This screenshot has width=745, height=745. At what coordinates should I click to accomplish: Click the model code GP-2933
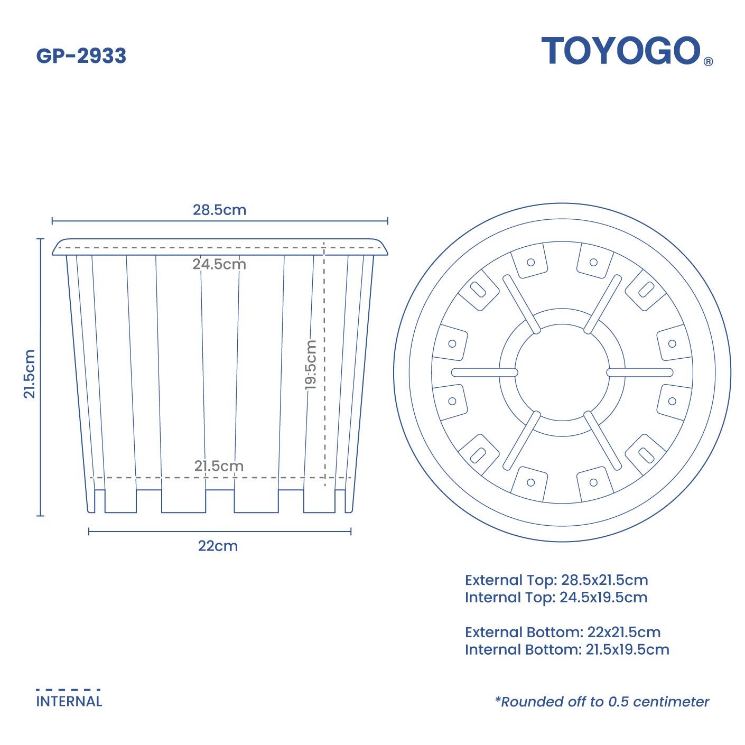pos(81,56)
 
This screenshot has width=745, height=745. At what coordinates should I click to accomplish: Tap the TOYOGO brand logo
pos(620,51)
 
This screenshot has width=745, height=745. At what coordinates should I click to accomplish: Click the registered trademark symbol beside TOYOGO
pos(708,61)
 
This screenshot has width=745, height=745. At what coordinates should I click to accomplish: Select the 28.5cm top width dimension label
pos(219,210)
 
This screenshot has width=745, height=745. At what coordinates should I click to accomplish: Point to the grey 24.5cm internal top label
pos(219,264)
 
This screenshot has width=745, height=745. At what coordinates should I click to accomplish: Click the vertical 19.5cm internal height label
pos(311,365)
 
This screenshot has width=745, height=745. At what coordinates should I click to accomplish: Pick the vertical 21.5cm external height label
pos(29,374)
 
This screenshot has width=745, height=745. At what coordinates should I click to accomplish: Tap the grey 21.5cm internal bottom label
pos(219,466)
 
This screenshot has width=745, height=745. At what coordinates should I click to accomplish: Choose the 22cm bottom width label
pos(218,546)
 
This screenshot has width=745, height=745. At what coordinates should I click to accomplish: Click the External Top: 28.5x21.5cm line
pos(556,580)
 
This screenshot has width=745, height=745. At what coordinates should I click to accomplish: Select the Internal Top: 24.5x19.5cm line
pos(556,598)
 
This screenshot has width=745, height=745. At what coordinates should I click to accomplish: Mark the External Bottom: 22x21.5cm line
pos(563,632)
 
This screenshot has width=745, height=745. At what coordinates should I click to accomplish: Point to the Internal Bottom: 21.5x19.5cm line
pos(567,649)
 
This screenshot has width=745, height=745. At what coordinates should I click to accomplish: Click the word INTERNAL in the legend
pos(69,702)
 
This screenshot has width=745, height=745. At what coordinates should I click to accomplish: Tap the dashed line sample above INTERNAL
pos(68,690)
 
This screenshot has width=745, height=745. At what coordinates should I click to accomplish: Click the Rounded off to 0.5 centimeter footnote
pos(602,702)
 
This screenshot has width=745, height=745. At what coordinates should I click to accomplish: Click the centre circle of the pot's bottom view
pos(562,373)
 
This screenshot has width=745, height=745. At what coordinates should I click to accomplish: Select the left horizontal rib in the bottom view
pos(484,373)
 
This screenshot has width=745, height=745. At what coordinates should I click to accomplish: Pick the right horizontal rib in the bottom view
pos(640,373)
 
